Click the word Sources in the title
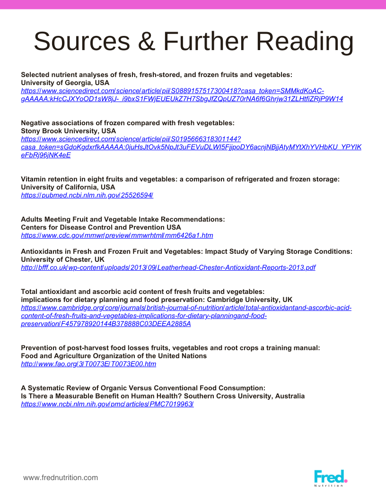tap(80, 42)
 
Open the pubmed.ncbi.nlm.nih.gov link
tap(87, 195)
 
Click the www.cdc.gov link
tap(117, 235)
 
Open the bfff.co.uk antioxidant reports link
tap(168, 267)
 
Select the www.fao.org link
tap(88, 364)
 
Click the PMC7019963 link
tap(107, 404)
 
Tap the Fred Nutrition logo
tap(331, 478)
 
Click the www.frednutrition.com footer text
tap(61, 478)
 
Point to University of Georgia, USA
tap(65, 83)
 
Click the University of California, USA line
tap(68, 187)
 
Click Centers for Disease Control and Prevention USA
tap(101, 227)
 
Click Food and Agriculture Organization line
tap(114, 356)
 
